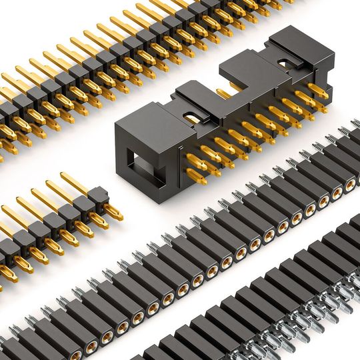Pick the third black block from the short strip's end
(x=68, y=213)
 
